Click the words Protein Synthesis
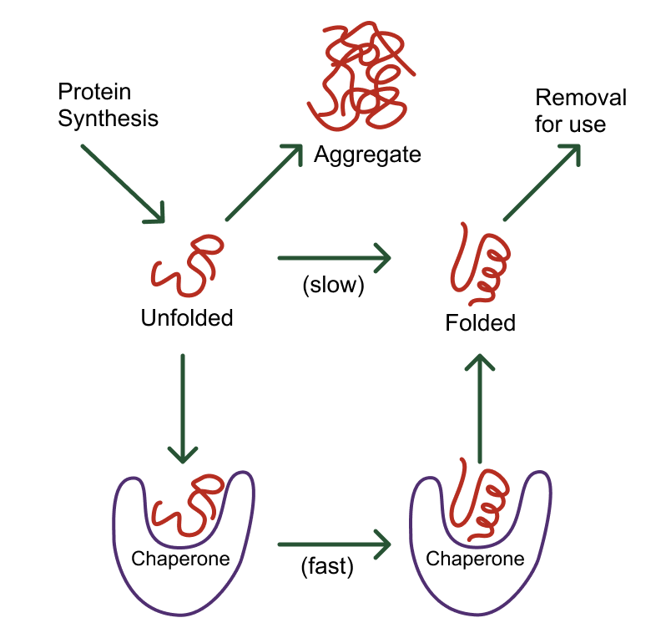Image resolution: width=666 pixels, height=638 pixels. click(108, 104)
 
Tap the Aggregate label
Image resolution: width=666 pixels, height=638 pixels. click(367, 155)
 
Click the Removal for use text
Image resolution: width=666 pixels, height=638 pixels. click(580, 111)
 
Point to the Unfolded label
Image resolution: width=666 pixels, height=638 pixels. click(186, 318)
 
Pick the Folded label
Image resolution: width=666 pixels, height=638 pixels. click(480, 322)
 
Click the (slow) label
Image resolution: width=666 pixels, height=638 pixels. click(333, 285)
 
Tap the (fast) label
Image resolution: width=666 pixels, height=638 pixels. click(327, 568)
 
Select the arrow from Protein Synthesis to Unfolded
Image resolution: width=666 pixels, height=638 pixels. click(123, 184)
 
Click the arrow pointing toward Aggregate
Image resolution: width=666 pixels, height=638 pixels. click(263, 182)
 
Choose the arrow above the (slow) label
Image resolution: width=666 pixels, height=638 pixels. click(333, 258)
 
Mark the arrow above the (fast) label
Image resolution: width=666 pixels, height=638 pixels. click(334, 546)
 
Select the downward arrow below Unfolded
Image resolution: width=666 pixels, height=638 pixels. click(182, 408)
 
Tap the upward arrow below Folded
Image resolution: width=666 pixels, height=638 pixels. click(479, 407)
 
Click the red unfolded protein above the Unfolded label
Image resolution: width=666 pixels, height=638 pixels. click(187, 266)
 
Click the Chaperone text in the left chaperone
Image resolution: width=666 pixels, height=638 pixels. click(180, 558)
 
